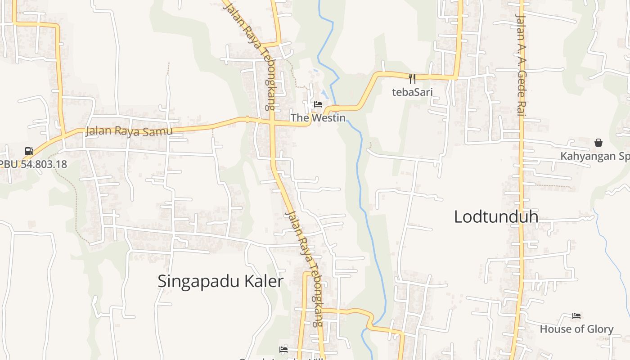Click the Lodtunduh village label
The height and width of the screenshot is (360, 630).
[496, 217]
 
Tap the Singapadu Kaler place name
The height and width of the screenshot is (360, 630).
[220, 281]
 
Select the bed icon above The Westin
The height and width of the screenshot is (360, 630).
[318, 104]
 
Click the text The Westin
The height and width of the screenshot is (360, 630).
[318, 118]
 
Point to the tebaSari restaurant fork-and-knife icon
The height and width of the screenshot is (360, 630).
[412, 78]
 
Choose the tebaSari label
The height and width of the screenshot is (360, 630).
[412, 92]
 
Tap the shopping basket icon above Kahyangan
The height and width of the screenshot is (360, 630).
[598, 143]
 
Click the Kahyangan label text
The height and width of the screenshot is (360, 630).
[594, 156]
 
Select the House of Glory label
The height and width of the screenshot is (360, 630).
[576, 329]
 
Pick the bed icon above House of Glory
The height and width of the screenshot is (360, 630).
[576, 316]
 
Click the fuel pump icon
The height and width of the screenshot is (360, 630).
[29, 151]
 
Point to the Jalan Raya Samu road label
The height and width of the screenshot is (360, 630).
[129, 131]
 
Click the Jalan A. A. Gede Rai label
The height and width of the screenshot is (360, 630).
[521, 65]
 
